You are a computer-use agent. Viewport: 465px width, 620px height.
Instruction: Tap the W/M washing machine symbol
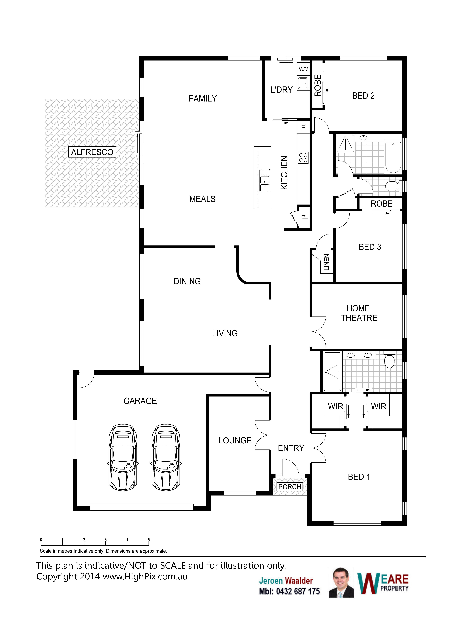(303, 69)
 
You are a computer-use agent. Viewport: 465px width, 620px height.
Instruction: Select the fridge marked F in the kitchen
(303, 128)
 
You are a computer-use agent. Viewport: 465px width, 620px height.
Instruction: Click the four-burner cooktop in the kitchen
(303, 157)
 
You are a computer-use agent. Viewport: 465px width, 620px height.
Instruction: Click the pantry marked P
(304, 217)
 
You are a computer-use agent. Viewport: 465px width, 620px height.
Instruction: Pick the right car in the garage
(166, 457)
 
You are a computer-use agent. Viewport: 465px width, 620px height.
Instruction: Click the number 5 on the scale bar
(149, 540)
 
